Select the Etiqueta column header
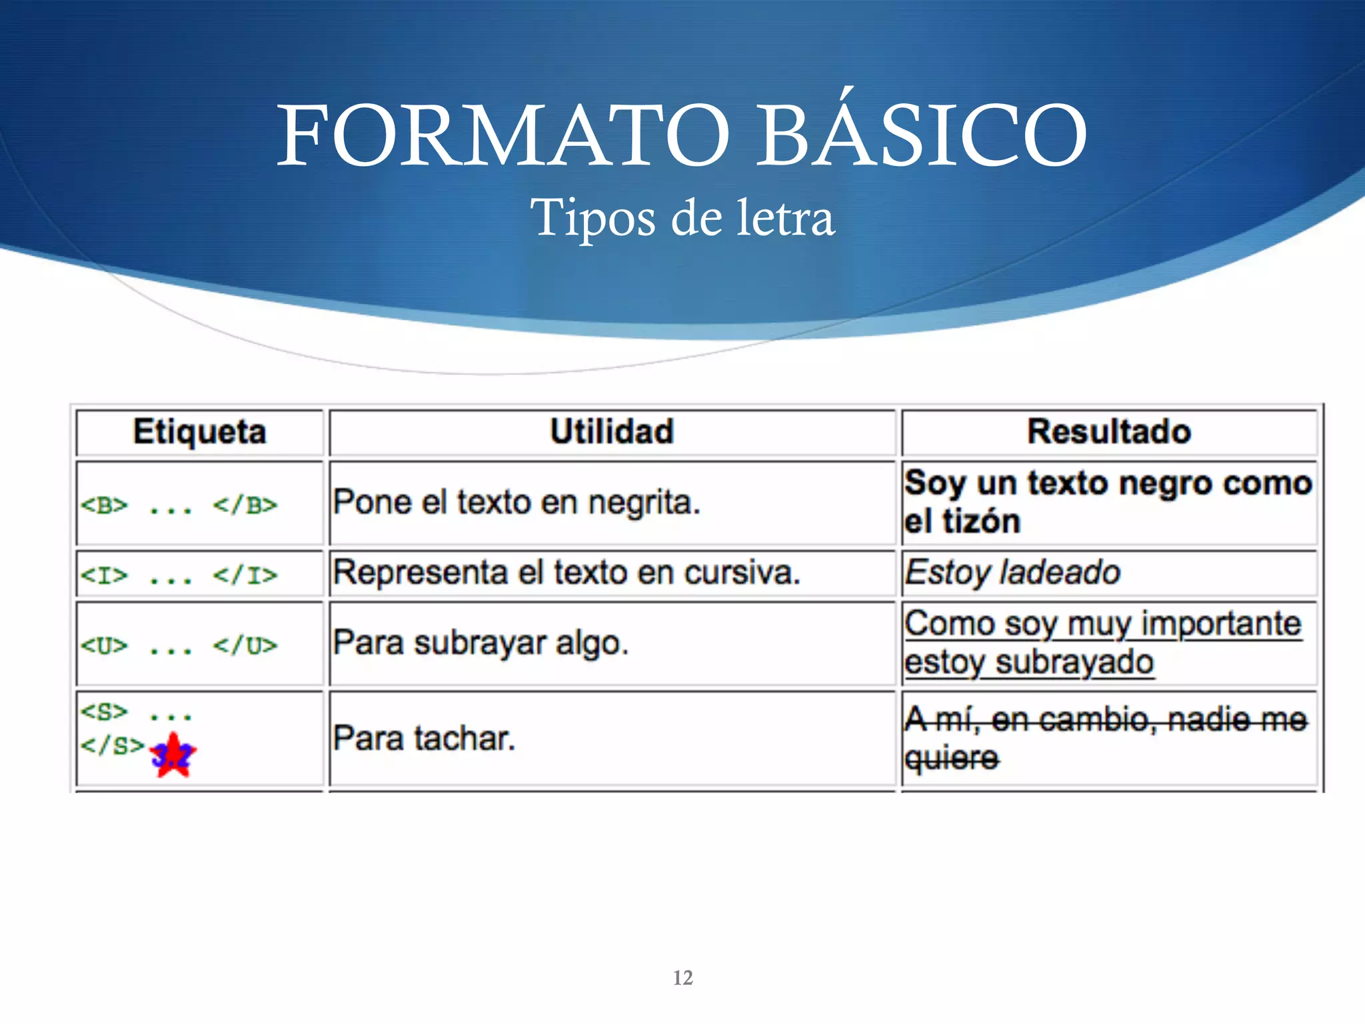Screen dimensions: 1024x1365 (x=199, y=431)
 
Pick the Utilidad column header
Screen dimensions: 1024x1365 (x=612, y=431)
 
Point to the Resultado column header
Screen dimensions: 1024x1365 (x=1109, y=431)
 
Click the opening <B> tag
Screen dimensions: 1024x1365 (x=104, y=505)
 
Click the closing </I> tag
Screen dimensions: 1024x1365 (x=245, y=575)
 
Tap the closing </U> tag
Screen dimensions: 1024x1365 (x=245, y=645)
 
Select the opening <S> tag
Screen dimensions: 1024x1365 (x=104, y=712)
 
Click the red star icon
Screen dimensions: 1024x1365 (x=173, y=755)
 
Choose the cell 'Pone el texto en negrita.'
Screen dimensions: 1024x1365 (x=517, y=503)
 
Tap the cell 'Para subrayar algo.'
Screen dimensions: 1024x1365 (x=481, y=643)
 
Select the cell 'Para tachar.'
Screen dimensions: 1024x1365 (x=424, y=739)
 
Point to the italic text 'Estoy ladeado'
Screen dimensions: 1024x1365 (x=1012, y=573)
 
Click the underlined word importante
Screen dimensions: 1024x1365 (x=1221, y=625)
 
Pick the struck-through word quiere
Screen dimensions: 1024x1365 (x=951, y=758)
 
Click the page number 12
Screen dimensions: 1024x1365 (x=683, y=978)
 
